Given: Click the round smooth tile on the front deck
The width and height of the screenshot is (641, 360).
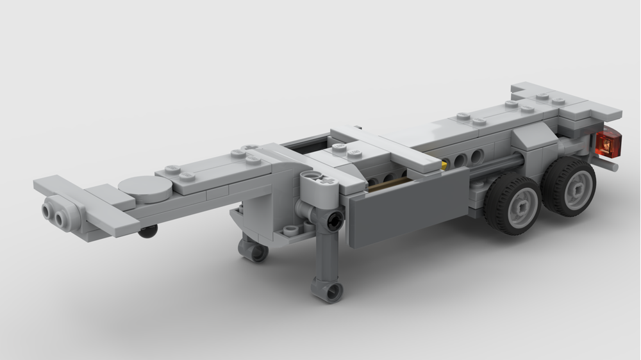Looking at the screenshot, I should tap(146, 188).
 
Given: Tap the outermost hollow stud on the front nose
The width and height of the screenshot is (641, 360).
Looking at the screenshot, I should tap(48, 211).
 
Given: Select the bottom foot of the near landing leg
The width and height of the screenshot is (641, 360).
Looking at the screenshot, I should tap(328, 291).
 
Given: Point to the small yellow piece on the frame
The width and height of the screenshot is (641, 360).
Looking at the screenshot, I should tap(444, 165).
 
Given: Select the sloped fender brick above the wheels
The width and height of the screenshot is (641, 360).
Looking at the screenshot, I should tap(532, 136).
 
